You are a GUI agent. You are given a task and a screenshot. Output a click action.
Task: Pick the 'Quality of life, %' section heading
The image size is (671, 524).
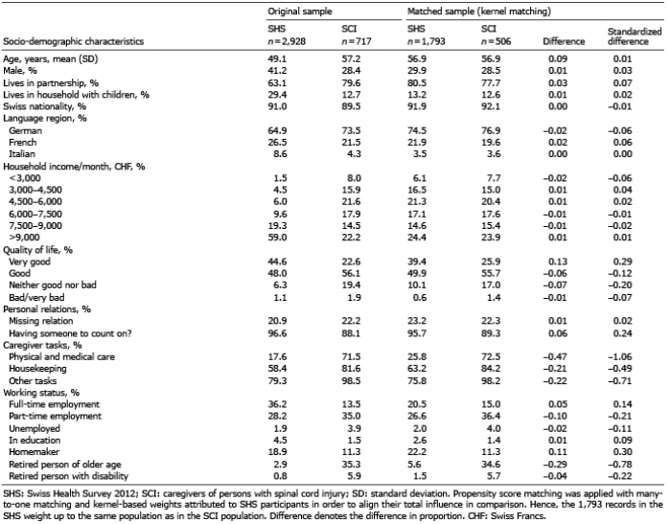coord(40,246)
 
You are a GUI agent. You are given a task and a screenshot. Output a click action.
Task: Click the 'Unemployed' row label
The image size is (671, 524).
coord(35,406)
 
